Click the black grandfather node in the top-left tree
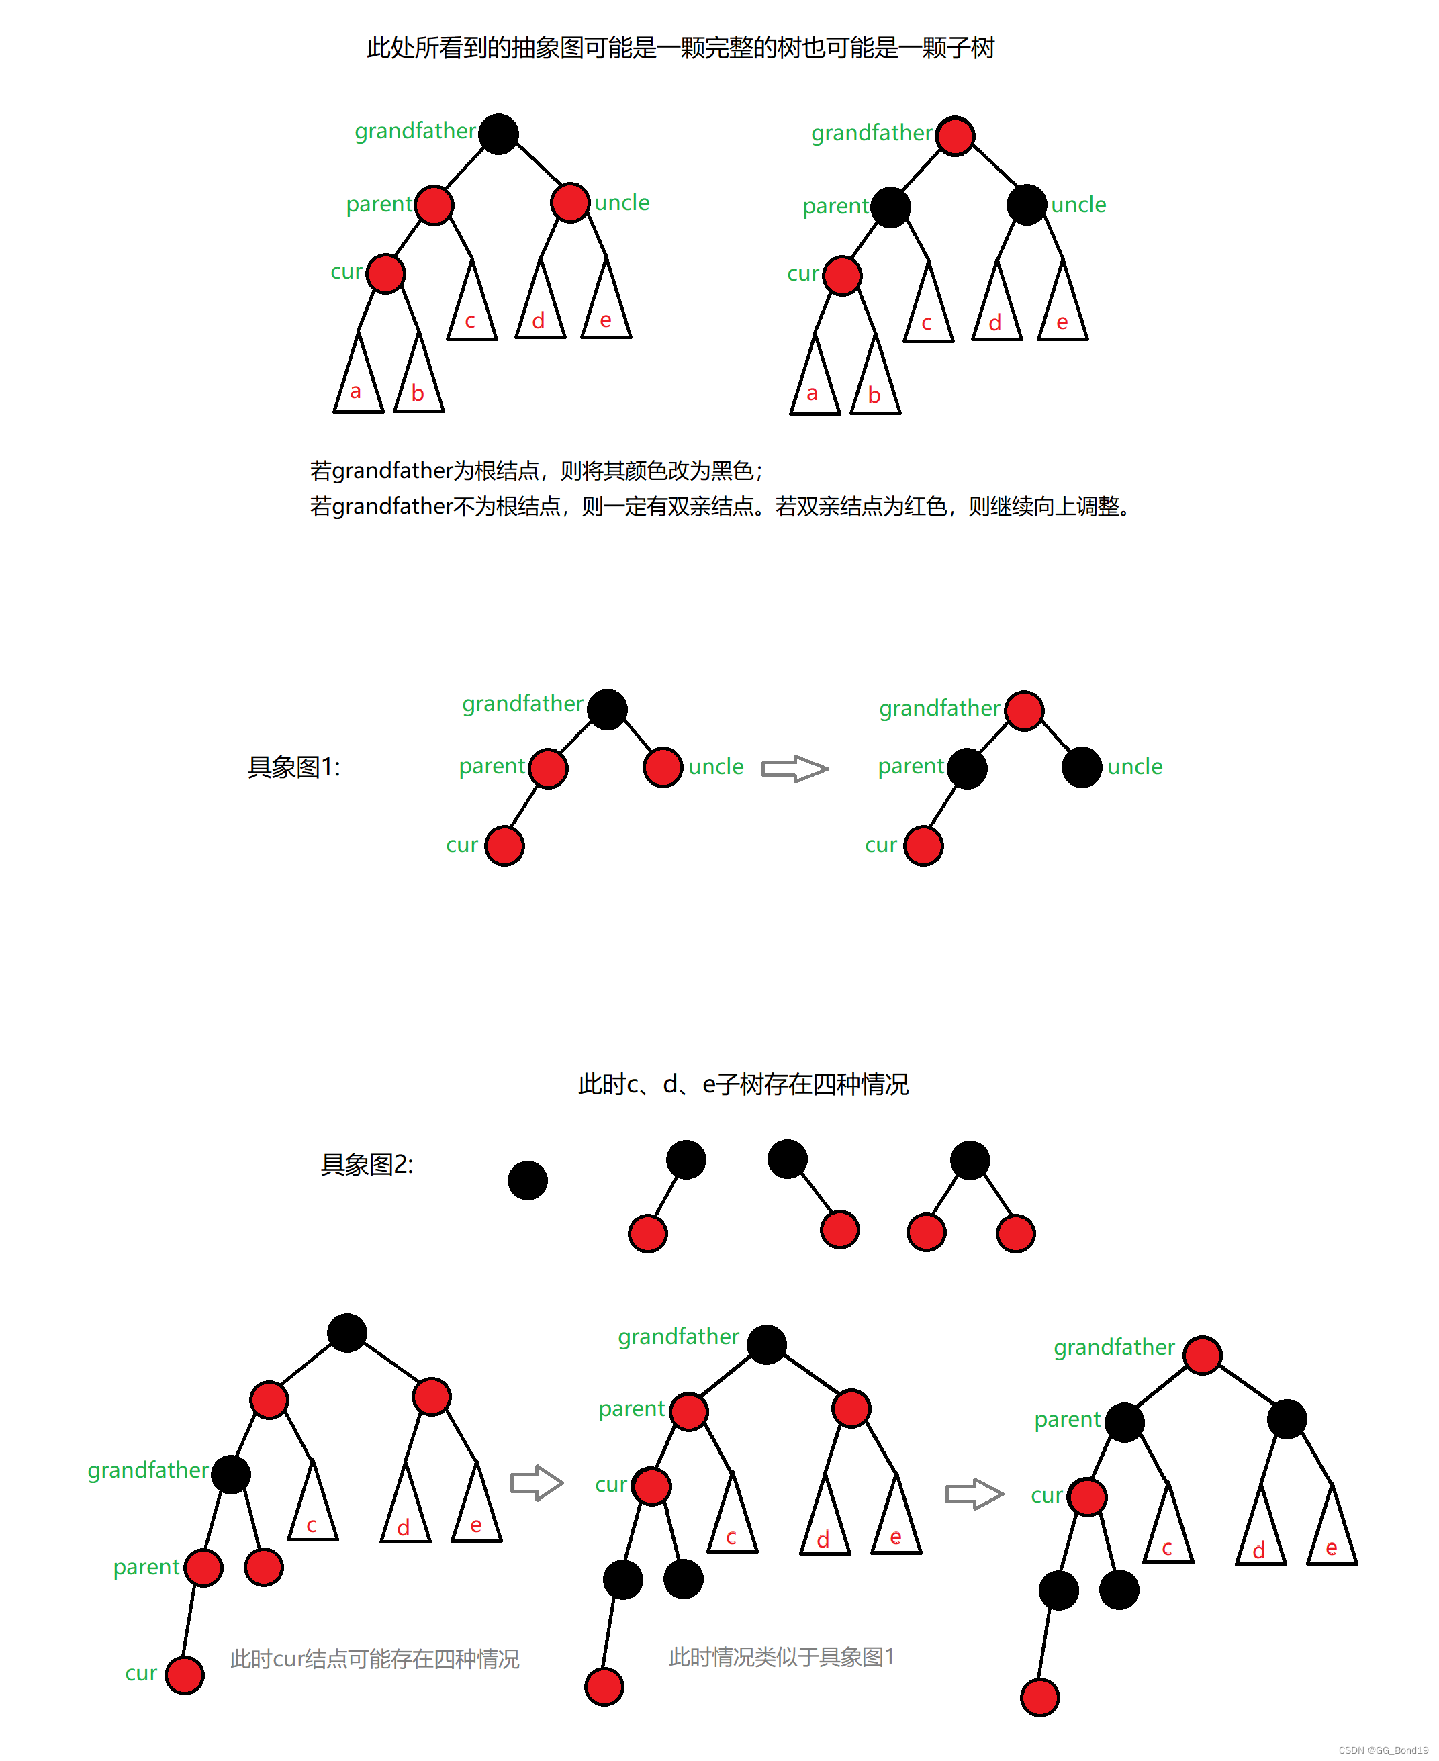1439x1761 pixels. pyautogui.click(x=498, y=134)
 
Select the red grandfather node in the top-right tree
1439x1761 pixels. pyautogui.click(x=955, y=136)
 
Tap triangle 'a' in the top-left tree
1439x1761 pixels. pyautogui.click(x=357, y=382)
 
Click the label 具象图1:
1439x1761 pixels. pyautogui.click(x=293, y=767)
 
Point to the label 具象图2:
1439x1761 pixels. pyautogui.click(x=367, y=1164)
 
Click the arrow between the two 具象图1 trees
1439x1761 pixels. pyautogui.click(x=794, y=768)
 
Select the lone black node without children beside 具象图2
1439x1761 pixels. pyautogui.click(x=527, y=1180)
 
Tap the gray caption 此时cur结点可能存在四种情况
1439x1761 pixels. pyautogui.click(x=374, y=1658)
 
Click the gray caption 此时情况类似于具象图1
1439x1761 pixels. pyautogui.click(x=781, y=1656)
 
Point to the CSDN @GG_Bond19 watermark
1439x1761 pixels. pyautogui.click(x=1383, y=1750)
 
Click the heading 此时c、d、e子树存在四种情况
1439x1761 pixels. pyautogui.click(x=743, y=1084)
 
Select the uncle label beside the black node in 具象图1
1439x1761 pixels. pyautogui.click(x=1134, y=767)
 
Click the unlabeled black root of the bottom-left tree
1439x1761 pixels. pyautogui.click(x=346, y=1333)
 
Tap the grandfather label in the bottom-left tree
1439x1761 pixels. pyautogui.click(x=148, y=1470)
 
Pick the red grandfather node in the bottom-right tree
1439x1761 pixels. pyautogui.click(x=1202, y=1355)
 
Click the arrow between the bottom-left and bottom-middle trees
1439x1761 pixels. pyautogui.click(x=537, y=1482)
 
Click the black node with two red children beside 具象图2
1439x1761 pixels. pyautogui.click(x=970, y=1159)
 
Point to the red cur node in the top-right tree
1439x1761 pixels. pyautogui.click(x=842, y=275)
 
